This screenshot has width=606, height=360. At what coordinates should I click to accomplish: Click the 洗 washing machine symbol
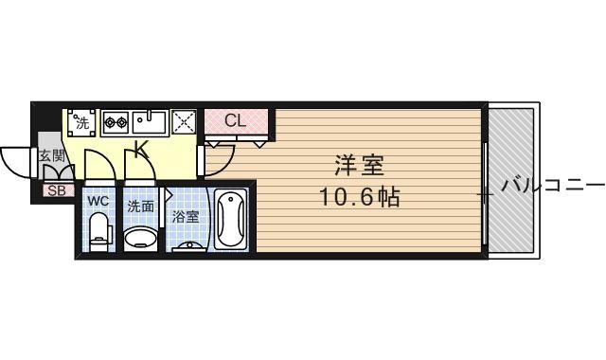coord(82,121)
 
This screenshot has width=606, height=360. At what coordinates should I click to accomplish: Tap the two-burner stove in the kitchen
coord(115,121)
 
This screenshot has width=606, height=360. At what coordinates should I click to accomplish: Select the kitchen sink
coord(150,121)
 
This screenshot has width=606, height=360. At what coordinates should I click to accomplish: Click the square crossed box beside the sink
coord(184,121)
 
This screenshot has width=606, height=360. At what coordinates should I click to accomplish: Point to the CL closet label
coord(236,120)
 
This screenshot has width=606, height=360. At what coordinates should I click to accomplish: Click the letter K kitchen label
coord(140,149)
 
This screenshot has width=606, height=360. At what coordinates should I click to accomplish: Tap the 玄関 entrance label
coord(51,156)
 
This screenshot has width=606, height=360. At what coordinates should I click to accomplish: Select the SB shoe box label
coord(54,189)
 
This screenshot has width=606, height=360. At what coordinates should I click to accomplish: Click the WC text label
coord(98,202)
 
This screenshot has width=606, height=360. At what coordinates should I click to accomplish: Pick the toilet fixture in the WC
coord(98,230)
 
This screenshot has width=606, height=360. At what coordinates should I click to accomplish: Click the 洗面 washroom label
coord(141,205)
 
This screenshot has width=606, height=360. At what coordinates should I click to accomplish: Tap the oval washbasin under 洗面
coord(141,236)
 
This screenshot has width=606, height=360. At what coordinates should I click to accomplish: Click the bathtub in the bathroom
coord(230,220)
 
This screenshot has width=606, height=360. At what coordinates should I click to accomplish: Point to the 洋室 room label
coord(359,166)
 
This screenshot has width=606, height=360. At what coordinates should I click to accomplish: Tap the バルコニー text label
coord(551,185)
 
